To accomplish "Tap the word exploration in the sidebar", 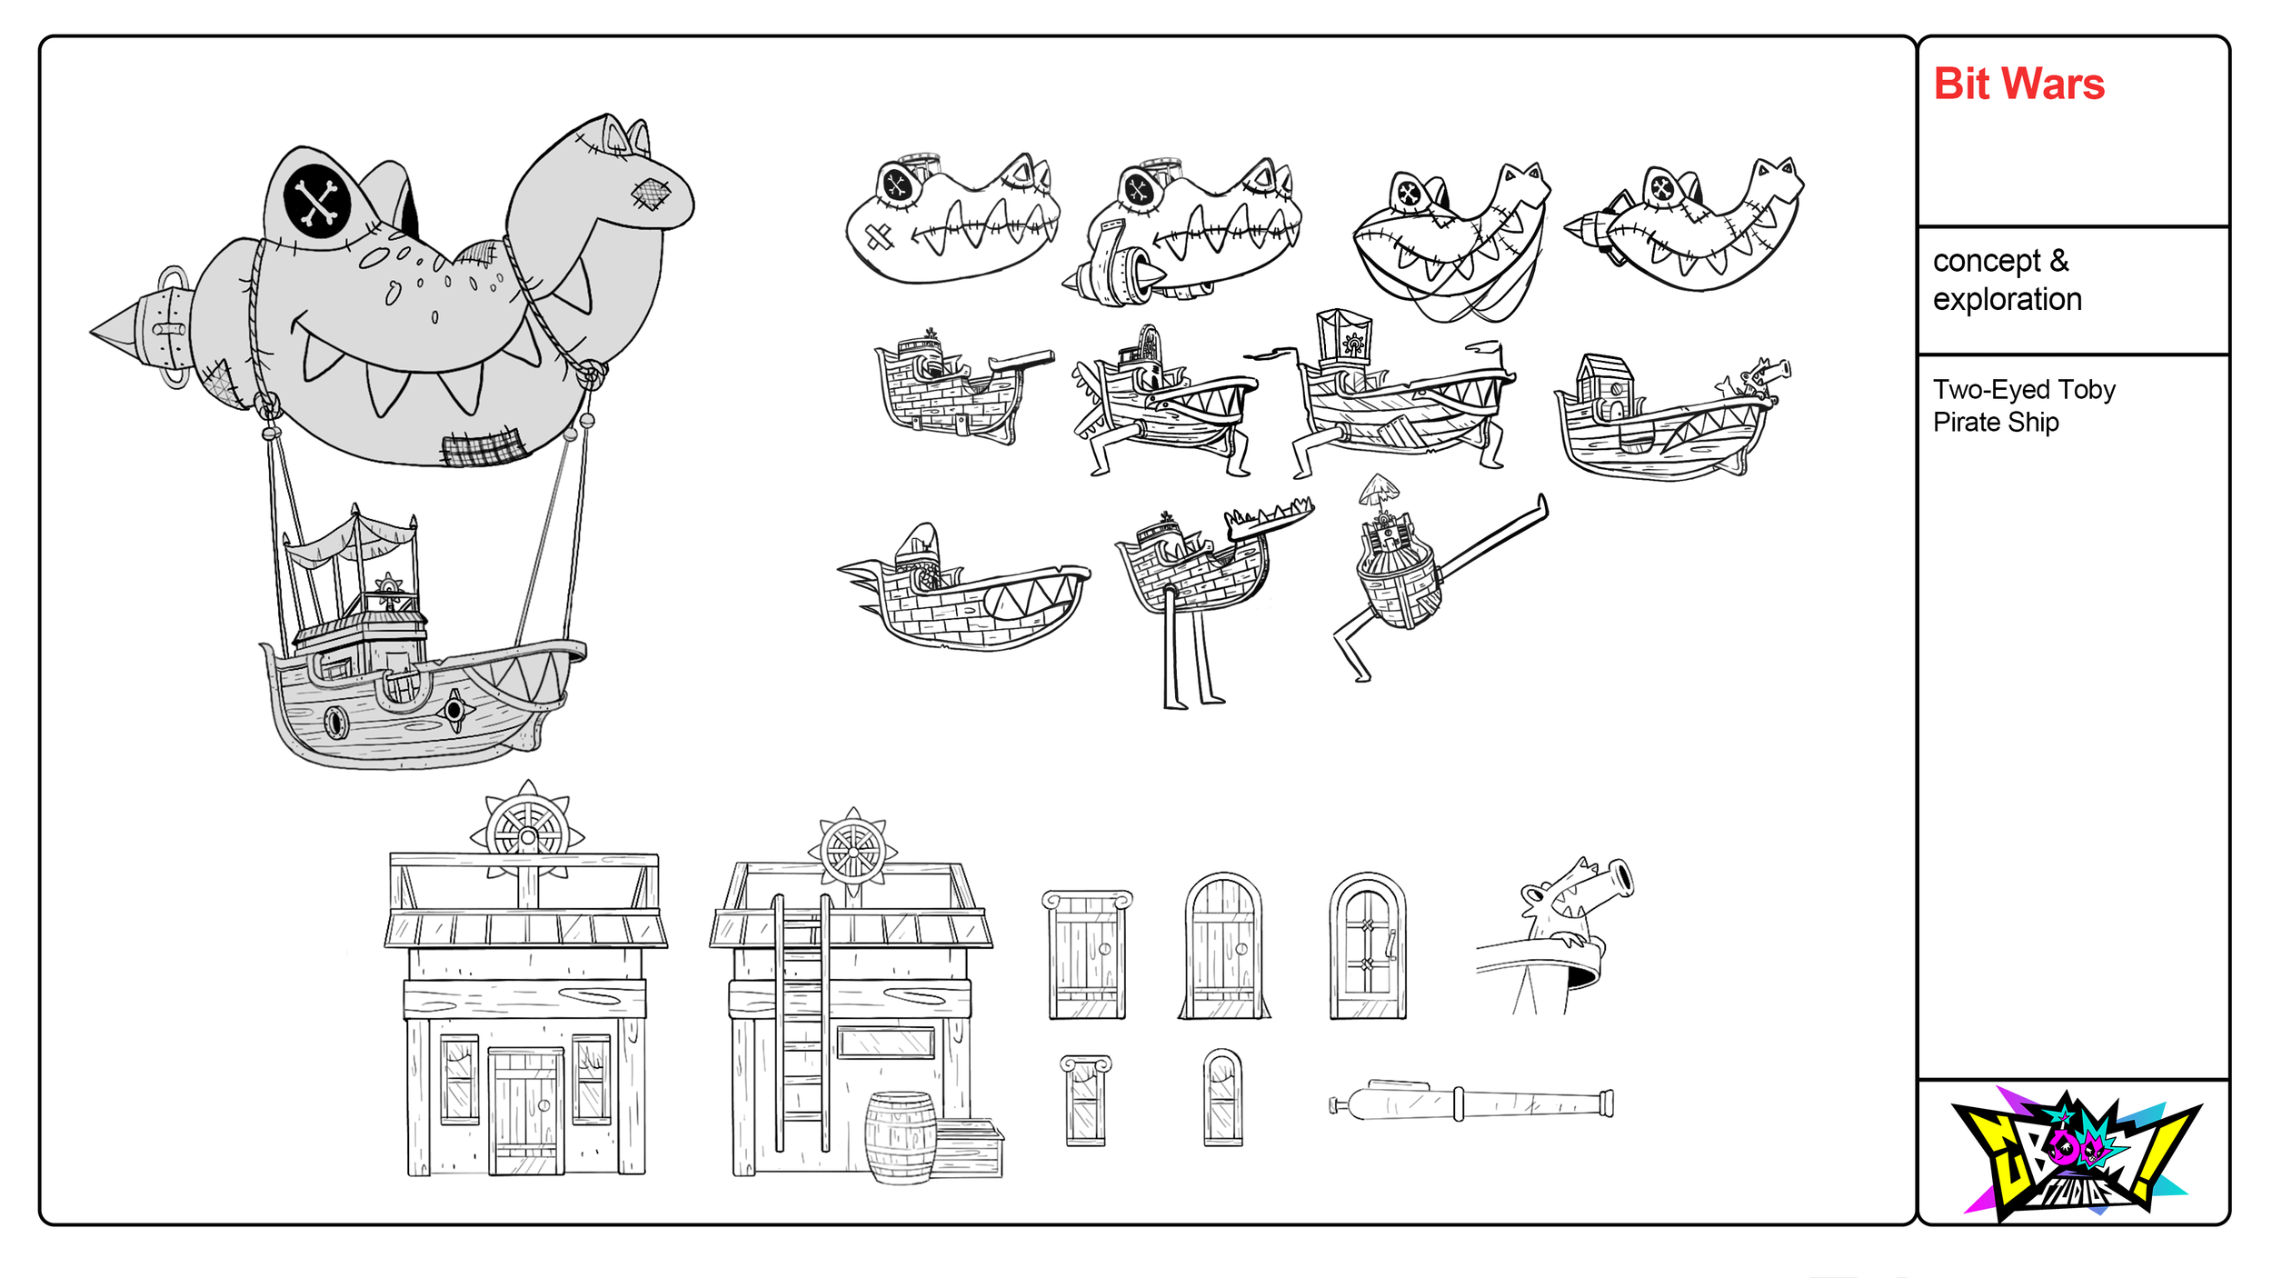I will tap(2007, 299).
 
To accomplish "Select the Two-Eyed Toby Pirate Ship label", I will tap(2023, 405).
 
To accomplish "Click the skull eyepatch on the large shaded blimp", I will tap(317, 201).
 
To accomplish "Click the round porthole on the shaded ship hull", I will tap(336, 723).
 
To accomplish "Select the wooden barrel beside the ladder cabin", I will tap(900, 1138).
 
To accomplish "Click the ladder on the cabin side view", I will tap(802, 1023).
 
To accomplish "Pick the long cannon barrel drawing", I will tap(1472, 1103).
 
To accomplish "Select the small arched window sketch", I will tap(1222, 1097).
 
